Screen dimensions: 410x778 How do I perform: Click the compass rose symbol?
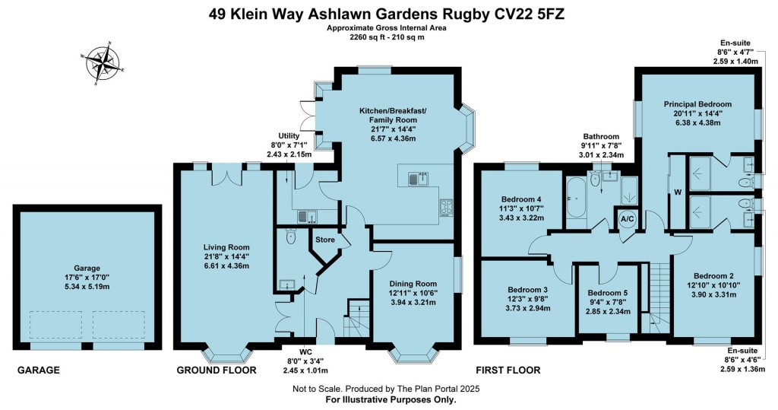(x=103, y=62)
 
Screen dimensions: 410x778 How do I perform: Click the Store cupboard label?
(x=325, y=240)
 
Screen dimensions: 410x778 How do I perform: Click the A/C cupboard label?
(x=628, y=219)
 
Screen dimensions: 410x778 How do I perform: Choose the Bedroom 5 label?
(x=607, y=293)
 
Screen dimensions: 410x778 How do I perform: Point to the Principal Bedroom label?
(x=697, y=104)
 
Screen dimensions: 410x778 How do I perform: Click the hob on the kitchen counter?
(x=447, y=205)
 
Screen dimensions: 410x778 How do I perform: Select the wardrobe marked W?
(x=676, y=192)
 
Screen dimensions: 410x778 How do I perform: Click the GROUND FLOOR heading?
(x=216, y=370)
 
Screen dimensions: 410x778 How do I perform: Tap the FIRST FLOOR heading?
(x=508, y=370)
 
